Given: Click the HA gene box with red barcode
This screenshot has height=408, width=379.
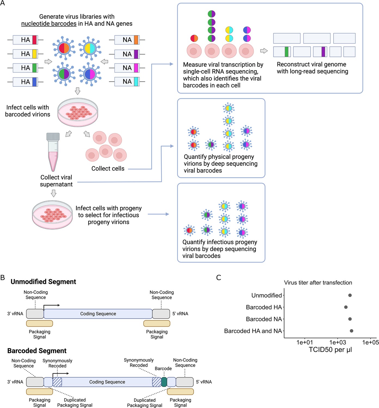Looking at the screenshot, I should click(25, 40).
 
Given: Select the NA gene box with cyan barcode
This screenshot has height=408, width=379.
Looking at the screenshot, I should click(127, 82).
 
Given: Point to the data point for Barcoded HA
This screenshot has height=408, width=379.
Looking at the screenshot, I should click(346, 307).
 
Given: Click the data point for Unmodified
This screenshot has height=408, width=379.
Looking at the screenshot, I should click(350, 295).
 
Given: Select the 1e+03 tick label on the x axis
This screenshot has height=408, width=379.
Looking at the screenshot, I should click(337, 342).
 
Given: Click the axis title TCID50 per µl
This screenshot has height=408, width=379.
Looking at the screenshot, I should click(330, 350).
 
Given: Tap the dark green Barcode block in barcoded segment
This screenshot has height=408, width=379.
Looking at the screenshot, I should click(164, 382).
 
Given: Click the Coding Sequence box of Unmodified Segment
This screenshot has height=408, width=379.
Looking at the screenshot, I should click(98, 314).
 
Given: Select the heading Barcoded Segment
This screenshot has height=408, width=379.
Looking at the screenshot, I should click(37, 351).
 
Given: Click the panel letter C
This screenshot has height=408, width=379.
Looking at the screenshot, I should click(218, 278).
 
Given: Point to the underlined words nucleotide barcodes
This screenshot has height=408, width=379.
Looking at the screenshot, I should click(49, 24).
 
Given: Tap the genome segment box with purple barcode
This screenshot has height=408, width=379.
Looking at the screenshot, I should click(320, 52).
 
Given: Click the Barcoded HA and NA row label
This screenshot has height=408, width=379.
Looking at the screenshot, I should click(253, 331).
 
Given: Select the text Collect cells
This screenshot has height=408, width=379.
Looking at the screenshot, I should click(108, 169).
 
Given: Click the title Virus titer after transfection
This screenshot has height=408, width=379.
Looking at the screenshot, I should click(318, 283).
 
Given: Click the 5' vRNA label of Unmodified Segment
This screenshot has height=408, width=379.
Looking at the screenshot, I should click(180, 314).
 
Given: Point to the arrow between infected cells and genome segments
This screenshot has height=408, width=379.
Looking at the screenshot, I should click(264, 51).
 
